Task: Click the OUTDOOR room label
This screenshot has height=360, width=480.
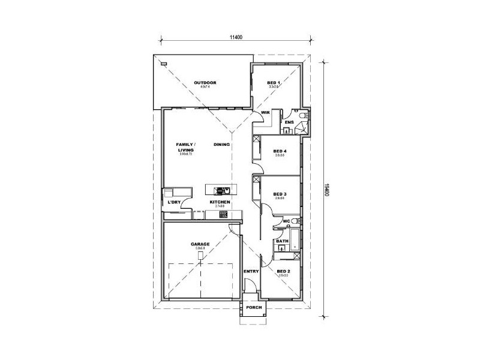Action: coord(205,83)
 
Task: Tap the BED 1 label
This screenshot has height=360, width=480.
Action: coord(274,83)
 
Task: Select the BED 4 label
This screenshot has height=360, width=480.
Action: coord(280,151)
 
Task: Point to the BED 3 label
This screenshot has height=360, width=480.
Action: coord(280,194)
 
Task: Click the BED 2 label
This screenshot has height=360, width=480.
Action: coord(284,271)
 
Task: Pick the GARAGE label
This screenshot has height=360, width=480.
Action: coord(200,244)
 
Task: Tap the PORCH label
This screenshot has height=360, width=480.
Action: coord(254,307)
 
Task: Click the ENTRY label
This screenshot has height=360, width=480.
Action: coord(251,271)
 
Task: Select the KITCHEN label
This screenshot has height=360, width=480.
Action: coord(220,202)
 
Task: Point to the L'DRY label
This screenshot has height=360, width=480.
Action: coord(175,202)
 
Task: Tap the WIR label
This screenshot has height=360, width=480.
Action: coord(265,112)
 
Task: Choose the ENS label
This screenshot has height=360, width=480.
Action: coord(289,122)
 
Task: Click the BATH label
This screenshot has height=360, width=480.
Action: coord(282,241)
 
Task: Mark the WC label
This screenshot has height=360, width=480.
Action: coord(287,221)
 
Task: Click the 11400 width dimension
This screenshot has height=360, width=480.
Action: coord(235,38)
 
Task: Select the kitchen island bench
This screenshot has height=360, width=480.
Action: coord(221,190)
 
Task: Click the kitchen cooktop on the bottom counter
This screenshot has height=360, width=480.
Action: coord(223,214)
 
